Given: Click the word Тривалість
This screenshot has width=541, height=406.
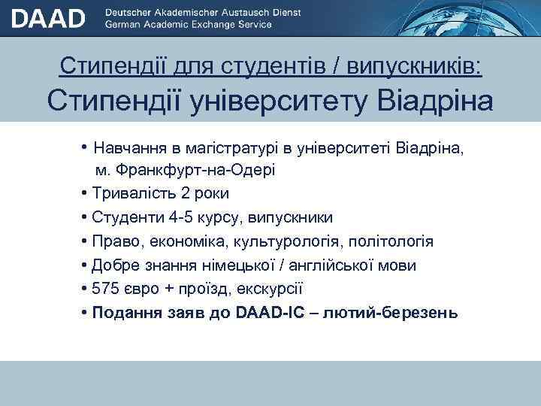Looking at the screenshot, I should click(136, 193).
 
